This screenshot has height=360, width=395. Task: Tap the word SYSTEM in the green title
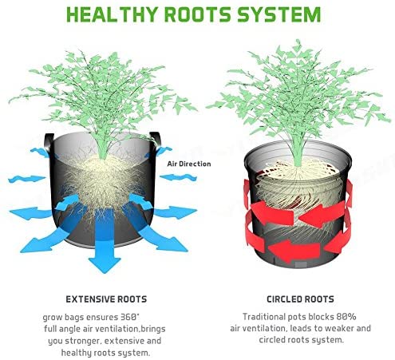coord(279,14)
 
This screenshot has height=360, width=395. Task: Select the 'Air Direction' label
coord(189,164)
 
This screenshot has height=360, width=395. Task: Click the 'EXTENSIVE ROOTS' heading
coord(106,299)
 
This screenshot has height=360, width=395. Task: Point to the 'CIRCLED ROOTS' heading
coord(300,299)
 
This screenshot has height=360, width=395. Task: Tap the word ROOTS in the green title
coord(198,14)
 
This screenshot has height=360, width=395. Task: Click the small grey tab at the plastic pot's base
coord(301,264)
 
